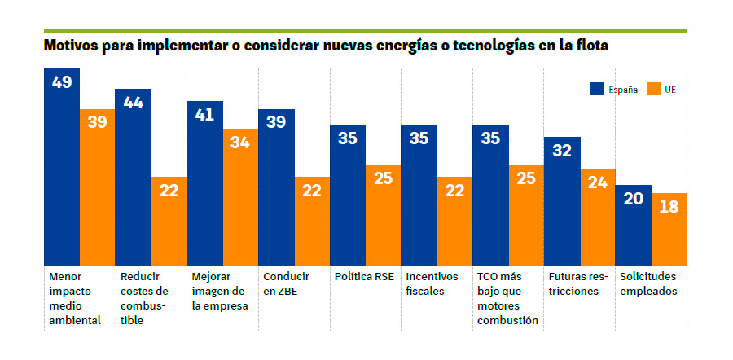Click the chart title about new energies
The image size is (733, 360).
click(327, 46)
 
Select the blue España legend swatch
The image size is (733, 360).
click(597, 89)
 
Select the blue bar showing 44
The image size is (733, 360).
click(133, 175)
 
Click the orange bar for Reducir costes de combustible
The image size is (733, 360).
click(169, 219)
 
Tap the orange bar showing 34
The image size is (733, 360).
click(240, 195)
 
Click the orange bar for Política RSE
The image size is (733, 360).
click(383, 213)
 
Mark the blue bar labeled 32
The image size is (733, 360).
click(562, 199)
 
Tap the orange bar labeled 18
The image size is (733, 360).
click(669, 227)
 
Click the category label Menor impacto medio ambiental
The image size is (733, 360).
click(74, 298)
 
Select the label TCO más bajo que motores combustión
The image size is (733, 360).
click(507, 298)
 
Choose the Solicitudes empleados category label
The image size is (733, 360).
click(647, 283)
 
